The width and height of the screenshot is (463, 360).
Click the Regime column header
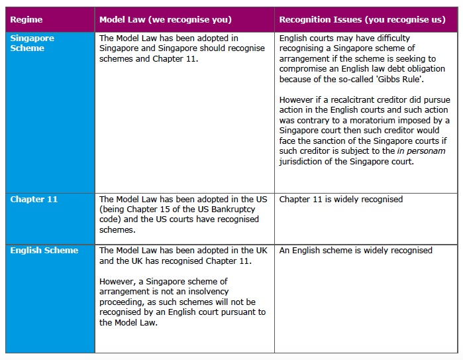pyautogui.click(x=26, y=20)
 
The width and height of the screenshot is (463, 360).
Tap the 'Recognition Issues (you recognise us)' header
pyautogui.click(x=362, y=20)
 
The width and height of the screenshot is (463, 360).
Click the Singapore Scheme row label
pyautogui.click(x=32, y=43)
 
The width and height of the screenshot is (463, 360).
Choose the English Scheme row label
pyautogui.click(x=44, y=251)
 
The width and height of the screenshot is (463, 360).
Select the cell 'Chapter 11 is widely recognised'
pyautogui.click(x=340, y=200)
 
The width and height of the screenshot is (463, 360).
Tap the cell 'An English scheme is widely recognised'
pyautogui.click(x=355, y=251)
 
